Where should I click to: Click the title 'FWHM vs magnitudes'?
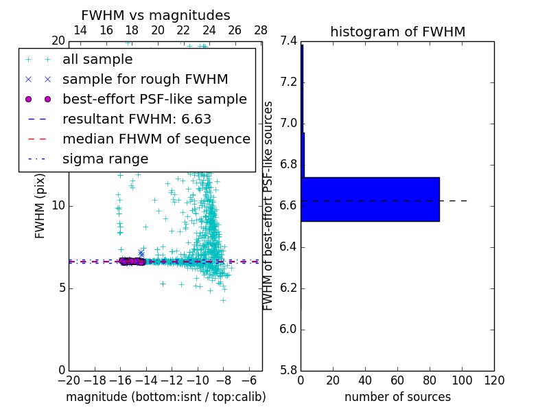(x=156, y=16)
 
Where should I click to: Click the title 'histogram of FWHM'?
(x=397, y=32)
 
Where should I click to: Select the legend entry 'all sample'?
(x=97, y=60)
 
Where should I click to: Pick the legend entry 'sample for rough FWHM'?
(x=145, y=80)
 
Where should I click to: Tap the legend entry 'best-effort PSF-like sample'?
(x=154, y=99)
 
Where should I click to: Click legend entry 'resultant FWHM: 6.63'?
(x=137, y=119)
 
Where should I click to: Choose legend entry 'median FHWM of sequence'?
(x=156, y=139)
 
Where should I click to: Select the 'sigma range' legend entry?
(x=105, y=159)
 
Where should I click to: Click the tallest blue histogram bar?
(x=370, y=199)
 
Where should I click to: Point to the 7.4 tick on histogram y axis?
(x=289, y=41)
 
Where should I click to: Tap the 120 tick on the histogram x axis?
(x=494, y=380)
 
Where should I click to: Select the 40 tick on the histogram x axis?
(x=365, y=380)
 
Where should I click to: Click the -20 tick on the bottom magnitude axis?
(x=69, y=380)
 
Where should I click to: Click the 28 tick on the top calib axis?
(x=261, y=30)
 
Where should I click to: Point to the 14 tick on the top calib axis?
(x=80, y=30)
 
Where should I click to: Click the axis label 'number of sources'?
(x=397, y=397)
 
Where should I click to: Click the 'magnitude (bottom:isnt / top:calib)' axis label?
(x=165, y=397)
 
